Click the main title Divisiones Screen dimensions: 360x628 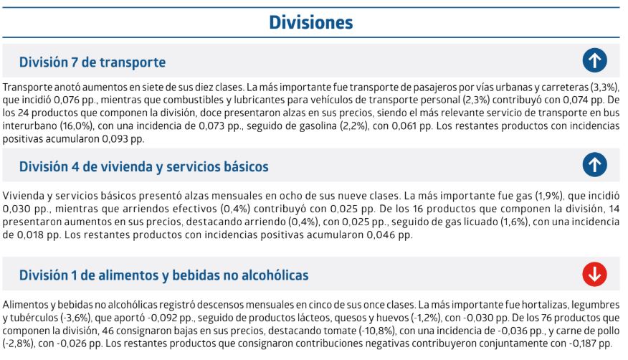click(x=310, y=23)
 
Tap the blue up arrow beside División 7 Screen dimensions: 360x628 click(x=594, y=61)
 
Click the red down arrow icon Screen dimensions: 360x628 click(x=594, y=274)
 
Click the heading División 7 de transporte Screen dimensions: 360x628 click(x=92, y=62)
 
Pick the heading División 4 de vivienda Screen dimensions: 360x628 click(x=143, y=167)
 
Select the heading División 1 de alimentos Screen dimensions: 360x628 click(x=163, y=275)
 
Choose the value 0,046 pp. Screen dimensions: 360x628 click(x=388, y=235)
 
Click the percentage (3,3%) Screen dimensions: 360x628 click(x=605, y=87)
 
